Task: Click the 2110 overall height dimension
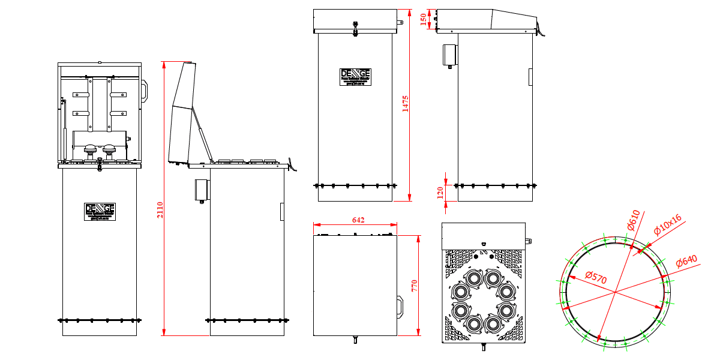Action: [x=160, y=210]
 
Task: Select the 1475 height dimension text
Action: [x=405, y=103]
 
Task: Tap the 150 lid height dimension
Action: [x=424, y=19]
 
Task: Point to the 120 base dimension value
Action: [x=440, y=192]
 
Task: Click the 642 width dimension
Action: [x=358, y=220]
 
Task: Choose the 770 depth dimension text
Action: [x=413, y=285]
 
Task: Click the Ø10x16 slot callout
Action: [x=668, y=226]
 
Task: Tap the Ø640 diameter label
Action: [x=686, y=262]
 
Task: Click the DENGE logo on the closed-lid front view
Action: [x=355, y=76]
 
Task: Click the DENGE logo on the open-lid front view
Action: [x=100, y=211]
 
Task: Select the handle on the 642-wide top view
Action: [x=400, y=304]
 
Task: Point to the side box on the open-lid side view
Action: [x=200, y=189]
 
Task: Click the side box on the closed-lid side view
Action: [x=449, y=55]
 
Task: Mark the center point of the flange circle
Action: [x=615, y=292]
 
